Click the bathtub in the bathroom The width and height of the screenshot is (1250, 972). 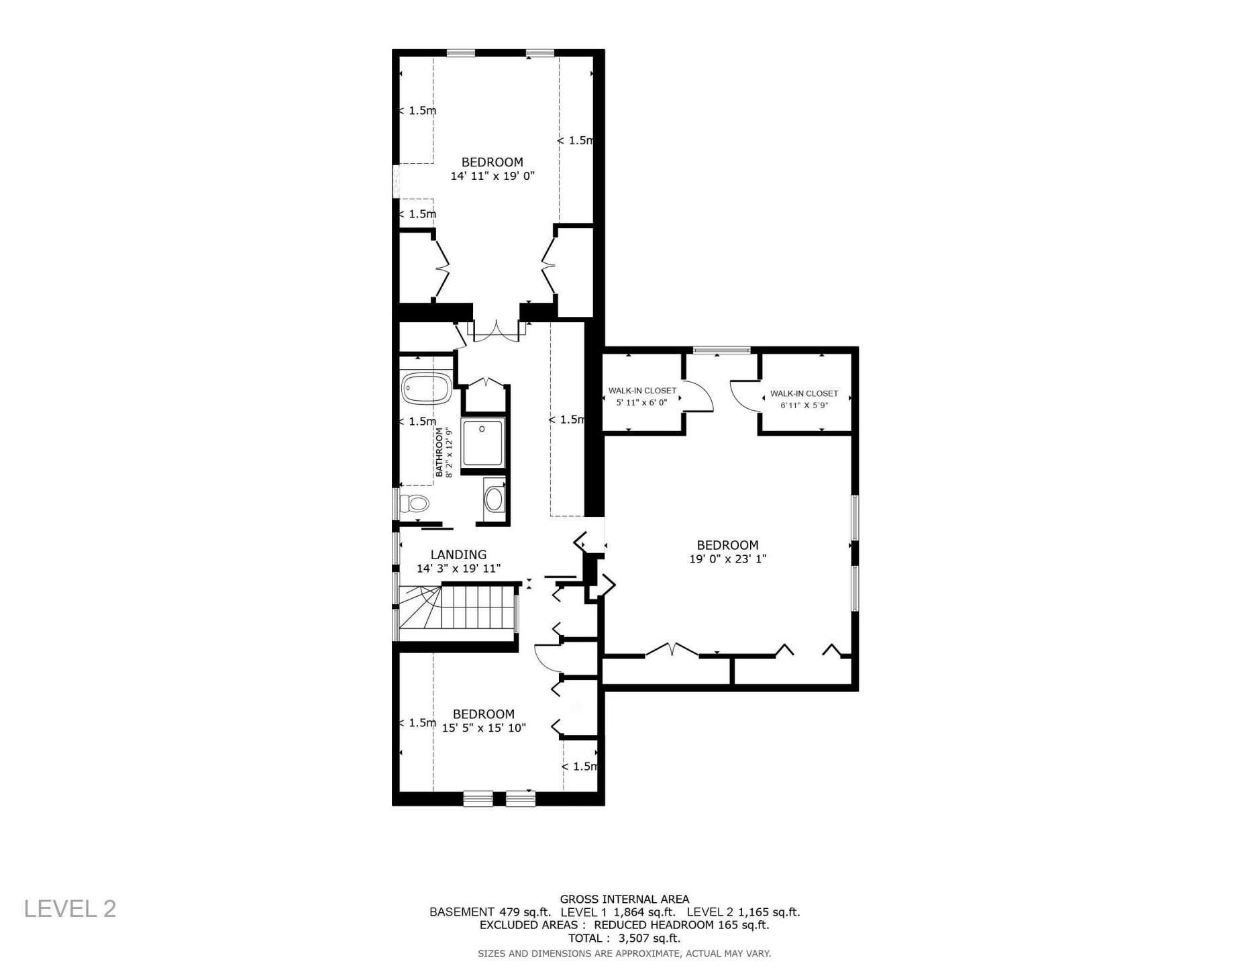[426, 389]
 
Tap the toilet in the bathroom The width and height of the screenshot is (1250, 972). [415, 503]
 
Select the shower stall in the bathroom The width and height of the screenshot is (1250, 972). [482, 442]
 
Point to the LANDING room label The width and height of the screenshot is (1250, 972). [458, 554]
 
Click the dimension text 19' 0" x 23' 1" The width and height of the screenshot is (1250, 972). [727, 558]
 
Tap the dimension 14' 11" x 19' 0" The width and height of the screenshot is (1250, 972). [492, 176]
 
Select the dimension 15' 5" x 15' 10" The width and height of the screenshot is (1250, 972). [484, 728]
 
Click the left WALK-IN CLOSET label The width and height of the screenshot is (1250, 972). [642, 391]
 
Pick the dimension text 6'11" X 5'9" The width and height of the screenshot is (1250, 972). [804, 405]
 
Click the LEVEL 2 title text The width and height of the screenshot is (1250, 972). [70, 909]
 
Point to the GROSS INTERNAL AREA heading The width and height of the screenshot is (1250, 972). [625, 900]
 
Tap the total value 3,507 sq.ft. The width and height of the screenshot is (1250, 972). [649, 938]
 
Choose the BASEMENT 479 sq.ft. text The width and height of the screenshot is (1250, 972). [490, 912]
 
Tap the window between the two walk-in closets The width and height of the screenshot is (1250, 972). [721, 350]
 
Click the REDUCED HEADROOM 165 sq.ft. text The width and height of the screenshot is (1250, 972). [682, 925]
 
